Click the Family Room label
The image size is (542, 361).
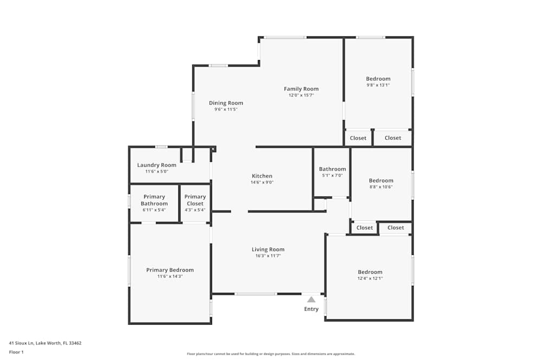pyautogui.click(x=301, y=89)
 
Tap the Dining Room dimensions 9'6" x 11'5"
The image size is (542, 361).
pyautogui.click(x=225, y=109)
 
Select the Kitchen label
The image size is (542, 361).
pyautogui.click(x=262, y=176)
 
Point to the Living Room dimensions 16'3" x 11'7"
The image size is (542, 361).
pyautogui.click(x=268, y=256)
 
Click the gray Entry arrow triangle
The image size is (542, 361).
pyautogui.click(x=312, y=299)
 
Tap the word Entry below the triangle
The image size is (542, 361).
pyautogui.click(x=311, y=309)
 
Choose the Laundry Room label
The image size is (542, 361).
pyautogui.click(x=157, y=165)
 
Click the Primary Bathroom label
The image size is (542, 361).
pyautogui.click(x=154, y=200)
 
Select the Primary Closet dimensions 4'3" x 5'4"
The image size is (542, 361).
pyautogui.click(x=195, y=210)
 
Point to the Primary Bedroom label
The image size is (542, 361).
pyautogui.click(x=170, y=270)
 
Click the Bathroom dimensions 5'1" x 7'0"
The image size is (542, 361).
pyautogui.click(x=332, y=175)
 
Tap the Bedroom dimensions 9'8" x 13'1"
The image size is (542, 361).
pyautogui.click(x=378, y=85)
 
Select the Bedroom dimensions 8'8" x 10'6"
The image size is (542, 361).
pyautogui.click(x=381, y=187)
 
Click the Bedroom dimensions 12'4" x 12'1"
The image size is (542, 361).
pyautogui.click(x=370, y=278)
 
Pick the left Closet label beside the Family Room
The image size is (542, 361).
pyautogui.click(x=358, y=138)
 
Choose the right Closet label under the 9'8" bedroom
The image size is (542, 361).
pyautogui.click(x=392, y=137)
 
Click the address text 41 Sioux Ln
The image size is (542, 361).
pyautogui.click(x=22, y=343)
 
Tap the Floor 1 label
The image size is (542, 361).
pyautogui.click(x=16, y=352)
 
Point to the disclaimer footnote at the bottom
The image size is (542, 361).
pyautogui.click(x=270, y=354)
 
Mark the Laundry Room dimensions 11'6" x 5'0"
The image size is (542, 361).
pyautogui.click(x=157, y=172)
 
